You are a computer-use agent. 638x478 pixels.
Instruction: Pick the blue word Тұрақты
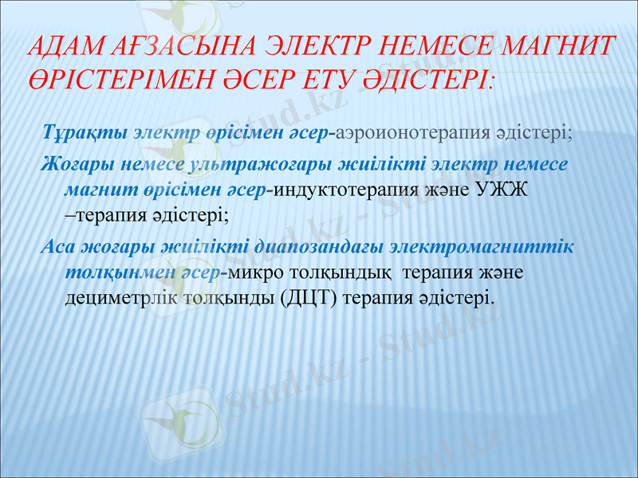click(x=86, y=131)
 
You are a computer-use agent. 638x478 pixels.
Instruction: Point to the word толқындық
click(x=344, y=272)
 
